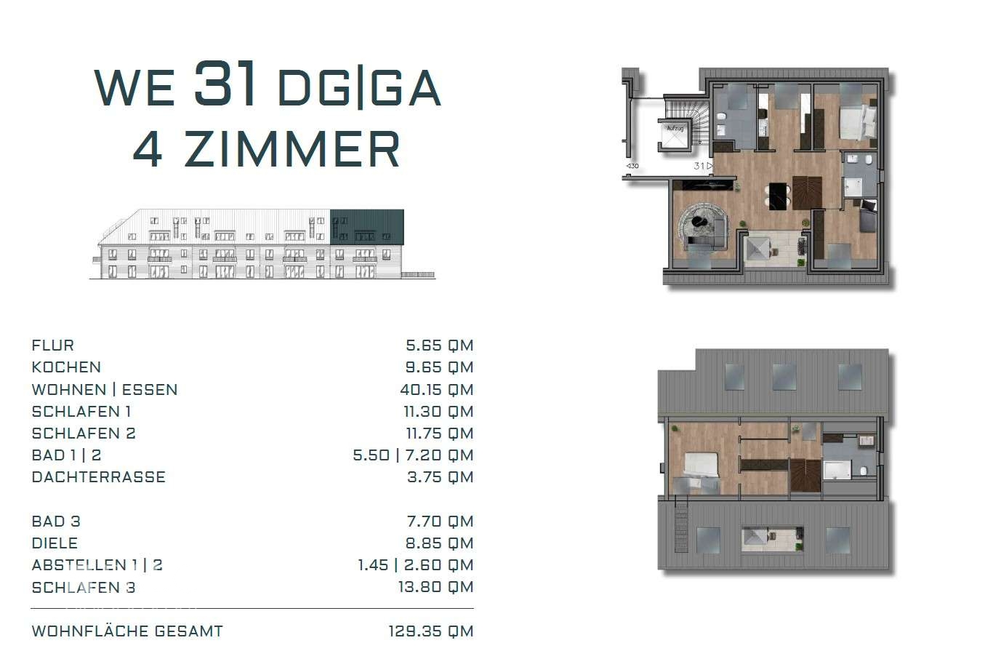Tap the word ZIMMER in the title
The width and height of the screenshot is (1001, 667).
[292, 149]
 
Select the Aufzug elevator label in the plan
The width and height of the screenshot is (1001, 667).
[675, 129]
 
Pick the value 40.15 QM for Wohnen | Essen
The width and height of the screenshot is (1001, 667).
[437, 390]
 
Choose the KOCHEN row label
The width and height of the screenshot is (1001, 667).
[66, 367]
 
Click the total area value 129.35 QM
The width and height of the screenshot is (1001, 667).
[431, 631]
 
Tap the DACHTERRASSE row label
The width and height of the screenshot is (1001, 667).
[98, 477]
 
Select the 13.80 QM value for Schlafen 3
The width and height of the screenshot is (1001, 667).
[435, 587]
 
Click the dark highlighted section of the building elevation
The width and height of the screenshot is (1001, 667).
[367, 227]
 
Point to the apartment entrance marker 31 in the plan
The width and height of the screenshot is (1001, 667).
[699, 166]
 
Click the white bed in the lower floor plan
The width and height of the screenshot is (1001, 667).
[701, 466]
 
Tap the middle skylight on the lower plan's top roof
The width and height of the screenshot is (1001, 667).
[784, 377]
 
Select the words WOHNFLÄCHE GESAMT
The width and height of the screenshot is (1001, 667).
[127, 631]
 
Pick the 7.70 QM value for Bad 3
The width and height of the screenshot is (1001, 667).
[440, 522]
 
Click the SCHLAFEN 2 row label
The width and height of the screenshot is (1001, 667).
[84, 434]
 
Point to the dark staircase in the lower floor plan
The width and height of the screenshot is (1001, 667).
[805, 476]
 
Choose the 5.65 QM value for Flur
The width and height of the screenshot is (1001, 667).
[439, 346]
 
